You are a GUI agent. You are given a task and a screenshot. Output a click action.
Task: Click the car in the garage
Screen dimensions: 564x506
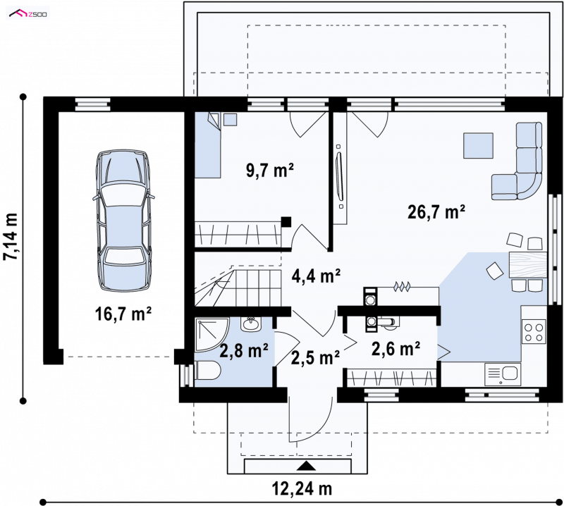[123, 221]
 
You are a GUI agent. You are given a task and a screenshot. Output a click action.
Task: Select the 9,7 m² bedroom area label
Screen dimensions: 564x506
[270, 170]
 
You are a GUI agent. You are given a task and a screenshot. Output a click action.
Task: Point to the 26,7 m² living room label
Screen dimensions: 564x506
[436, 211]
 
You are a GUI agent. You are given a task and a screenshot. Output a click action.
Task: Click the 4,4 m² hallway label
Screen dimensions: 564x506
[316, 276]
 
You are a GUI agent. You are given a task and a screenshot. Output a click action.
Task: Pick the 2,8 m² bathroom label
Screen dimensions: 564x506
[244, 350]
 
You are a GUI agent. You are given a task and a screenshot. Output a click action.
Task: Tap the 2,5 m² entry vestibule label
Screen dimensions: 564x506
[315, 358]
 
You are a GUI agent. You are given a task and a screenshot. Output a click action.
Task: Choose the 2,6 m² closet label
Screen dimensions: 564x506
[396, 348]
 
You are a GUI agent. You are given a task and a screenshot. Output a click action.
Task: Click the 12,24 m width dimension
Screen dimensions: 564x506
[302, 489]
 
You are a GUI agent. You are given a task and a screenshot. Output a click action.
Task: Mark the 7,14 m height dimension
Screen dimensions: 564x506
[11, 236]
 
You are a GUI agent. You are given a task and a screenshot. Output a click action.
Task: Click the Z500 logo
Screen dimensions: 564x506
[28, 14]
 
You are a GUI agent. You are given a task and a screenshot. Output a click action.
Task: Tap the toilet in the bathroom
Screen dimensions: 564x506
[208, 371]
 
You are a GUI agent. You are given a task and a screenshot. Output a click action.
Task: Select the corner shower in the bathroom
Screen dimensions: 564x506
[211, 335]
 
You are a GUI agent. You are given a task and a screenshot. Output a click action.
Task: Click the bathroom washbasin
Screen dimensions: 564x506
[250, 325]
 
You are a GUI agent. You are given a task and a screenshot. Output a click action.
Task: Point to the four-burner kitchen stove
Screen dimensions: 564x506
[534, 333]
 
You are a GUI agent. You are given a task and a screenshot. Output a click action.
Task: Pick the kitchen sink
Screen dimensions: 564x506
[503, 374]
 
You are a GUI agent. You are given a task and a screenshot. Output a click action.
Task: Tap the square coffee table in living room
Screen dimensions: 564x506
[478, 145]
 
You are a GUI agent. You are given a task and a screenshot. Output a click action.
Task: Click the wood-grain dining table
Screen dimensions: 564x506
[528, 265]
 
